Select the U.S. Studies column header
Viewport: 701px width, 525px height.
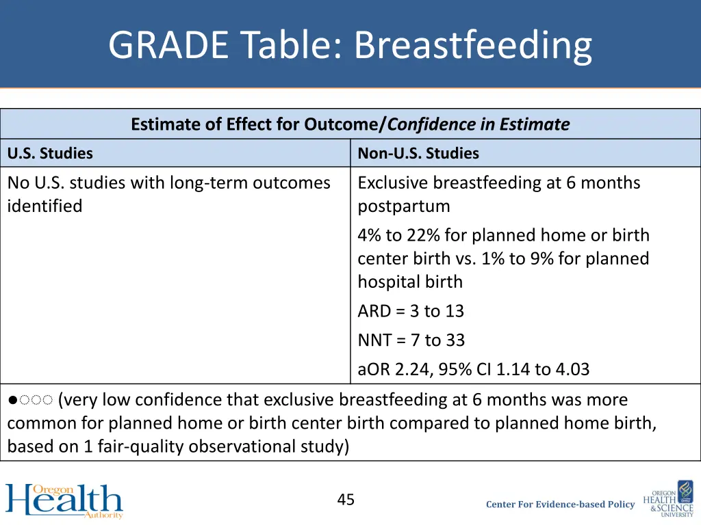pyautogui.click(x=50, y=153)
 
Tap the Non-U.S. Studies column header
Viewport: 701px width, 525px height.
pyautogui.click(x=418, y=153)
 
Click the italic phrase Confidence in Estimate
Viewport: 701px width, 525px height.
pyautogui.click(x=479, y=124)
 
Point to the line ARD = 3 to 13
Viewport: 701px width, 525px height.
pyautogui.click(x=411, y=311)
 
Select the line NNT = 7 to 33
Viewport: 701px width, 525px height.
pyautogui.click(x=411, y=340)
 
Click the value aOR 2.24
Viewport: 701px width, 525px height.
pyautogui.click(x=387, y=369)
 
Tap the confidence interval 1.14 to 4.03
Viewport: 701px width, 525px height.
pyautogui.click(x=542, y=369)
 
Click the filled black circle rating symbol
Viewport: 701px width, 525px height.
pyautogui.click(x=12, y=400)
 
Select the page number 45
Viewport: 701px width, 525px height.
pyautogui.click(x=346, y=500)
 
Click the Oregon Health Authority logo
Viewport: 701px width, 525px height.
pyautogui.click(x=64, y=500)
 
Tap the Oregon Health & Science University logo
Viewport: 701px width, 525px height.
pyautogui.click(x=668, y=499)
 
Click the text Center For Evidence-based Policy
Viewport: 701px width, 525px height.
pyautogui.click(x=560, y=504)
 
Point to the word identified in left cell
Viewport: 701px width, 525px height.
pyautogui.click(x=44, y=206)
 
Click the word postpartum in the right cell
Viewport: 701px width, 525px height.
pyautogui.click(x=403, y=206)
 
